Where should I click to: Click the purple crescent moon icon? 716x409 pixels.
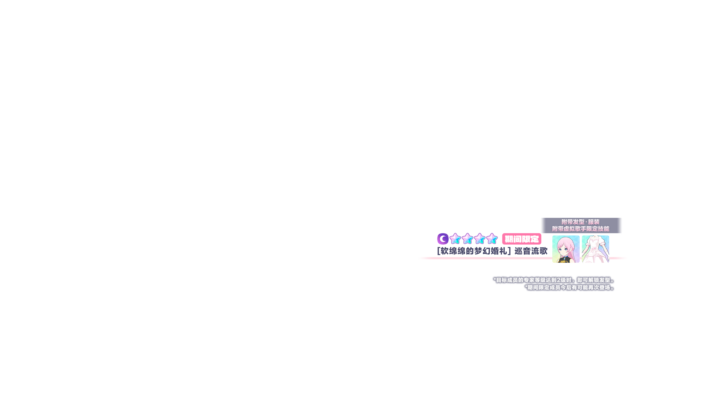(443, 239)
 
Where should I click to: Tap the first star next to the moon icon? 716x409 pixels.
(455, 239)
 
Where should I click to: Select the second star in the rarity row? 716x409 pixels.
(467, 239)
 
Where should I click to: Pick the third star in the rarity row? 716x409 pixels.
(480, 239)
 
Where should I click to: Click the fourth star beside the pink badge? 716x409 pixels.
(492, 239)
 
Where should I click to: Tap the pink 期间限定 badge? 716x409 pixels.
(522, 239)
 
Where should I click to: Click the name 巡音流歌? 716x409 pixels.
(531, 251)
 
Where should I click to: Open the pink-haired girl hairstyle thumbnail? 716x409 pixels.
(566, 249)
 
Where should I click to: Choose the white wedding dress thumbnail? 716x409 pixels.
(595, 249)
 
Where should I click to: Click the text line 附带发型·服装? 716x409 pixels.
(580, 222)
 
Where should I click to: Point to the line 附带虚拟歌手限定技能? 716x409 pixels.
(580, 229)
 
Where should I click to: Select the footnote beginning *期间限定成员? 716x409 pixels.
(569, 287)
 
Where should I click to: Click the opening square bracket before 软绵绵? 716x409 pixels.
(439, 251)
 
